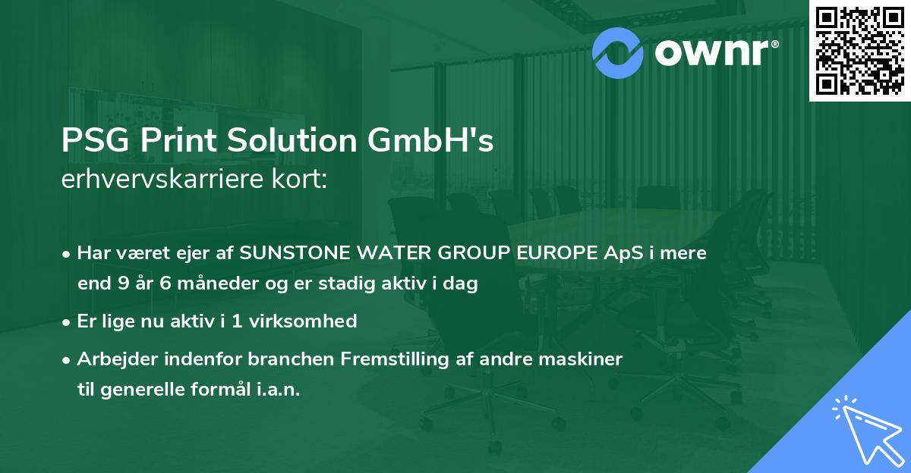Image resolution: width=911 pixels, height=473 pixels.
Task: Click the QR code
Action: [x=859, y=51]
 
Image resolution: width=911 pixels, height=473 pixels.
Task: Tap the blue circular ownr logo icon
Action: [x=618, y=52]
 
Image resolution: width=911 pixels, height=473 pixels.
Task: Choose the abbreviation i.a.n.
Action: [x=277, y=390]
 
